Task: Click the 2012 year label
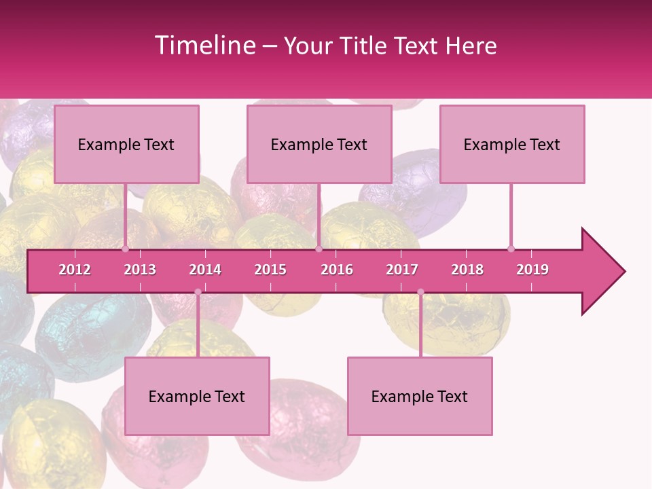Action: point(75,270)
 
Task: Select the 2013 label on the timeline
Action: point(140,270)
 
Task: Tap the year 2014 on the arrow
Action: point(205,270)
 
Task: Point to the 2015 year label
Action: point(270,270)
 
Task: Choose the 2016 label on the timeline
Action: point(337,270)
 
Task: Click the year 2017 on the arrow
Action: point(402,270)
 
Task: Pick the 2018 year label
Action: point(467,270)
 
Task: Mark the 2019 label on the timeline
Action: point(532,270)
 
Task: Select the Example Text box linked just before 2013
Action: point(126,144)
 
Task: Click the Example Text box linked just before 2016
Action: point(319,144)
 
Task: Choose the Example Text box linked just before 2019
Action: point(512,144)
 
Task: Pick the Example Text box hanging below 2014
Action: point(197,396)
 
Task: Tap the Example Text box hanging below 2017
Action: point(420,396)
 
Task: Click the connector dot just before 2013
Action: point(126,249)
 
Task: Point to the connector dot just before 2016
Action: point(319,249)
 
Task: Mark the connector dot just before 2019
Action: point(511,249)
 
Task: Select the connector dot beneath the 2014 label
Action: point(198,292)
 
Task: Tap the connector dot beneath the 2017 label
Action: point(420,292)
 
